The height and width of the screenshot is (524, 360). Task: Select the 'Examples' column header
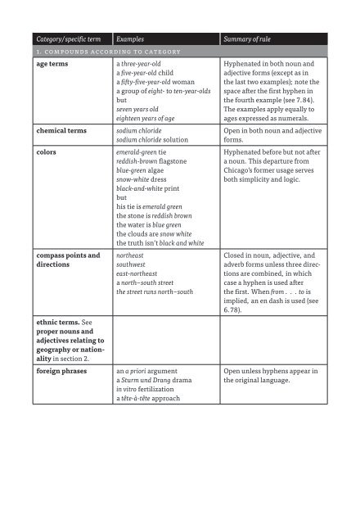point(134,38)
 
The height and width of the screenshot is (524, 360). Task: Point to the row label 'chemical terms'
point(61,131)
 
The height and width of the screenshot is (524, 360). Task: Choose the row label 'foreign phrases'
point(62,369)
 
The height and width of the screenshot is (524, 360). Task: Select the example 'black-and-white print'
point(156,198)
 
